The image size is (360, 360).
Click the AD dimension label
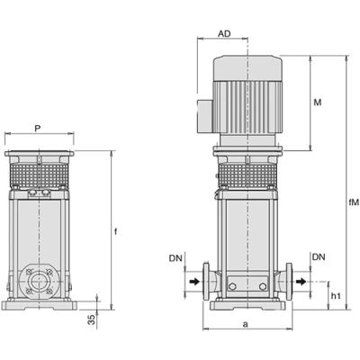(224, 33)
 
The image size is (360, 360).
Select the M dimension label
(318, 103)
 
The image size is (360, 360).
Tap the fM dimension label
(354, 202)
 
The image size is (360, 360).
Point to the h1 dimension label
(336, 296)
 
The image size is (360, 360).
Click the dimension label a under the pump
(246, 324)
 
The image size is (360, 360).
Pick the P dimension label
(37, 129)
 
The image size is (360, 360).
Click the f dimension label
(116, 231)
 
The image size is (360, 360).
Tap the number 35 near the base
(93, 319)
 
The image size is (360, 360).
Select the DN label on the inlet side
(175, 258)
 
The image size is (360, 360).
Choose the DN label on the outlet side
(319, 257)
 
